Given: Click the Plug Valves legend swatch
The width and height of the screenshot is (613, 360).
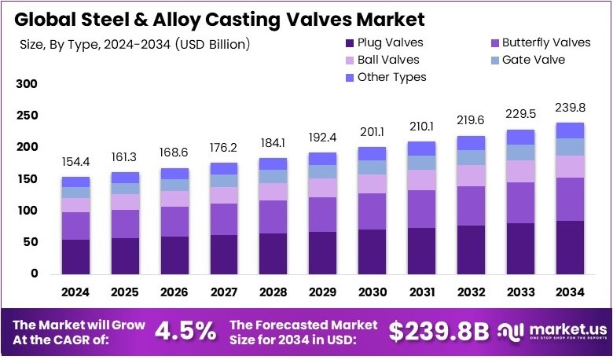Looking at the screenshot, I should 348,42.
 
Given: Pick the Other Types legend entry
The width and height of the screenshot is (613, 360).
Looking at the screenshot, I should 391,76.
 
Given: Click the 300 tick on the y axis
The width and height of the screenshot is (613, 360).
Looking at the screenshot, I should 27,83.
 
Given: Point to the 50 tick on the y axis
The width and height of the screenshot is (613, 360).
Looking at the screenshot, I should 30,242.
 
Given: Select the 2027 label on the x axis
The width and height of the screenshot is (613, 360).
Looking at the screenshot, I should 224,292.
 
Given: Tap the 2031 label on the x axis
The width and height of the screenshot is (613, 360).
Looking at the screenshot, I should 422,292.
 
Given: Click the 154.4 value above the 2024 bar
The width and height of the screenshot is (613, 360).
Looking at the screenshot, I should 76,161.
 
